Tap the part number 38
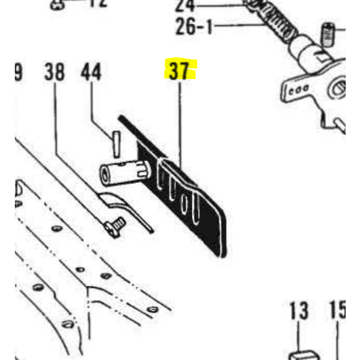[55, 72]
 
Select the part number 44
[91, 72]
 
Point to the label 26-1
[194, 27]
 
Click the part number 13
[298, 310]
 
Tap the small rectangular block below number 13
[303, 355]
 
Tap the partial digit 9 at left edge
[17, 72]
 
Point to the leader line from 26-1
[239, 25]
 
